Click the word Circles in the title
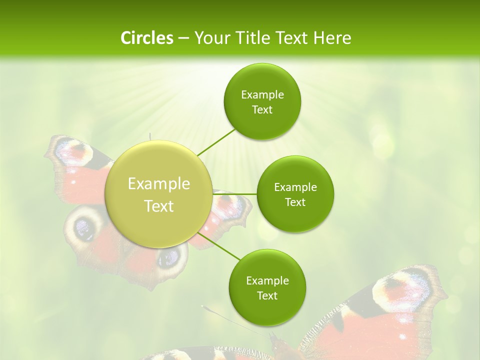[146, 38]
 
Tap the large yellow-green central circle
[158, 194]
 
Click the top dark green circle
[262, 101]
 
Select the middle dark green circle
[295, 194]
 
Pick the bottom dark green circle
[267, 287]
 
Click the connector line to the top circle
[216, 142]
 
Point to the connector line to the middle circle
[235, 194]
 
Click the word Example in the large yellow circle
[158, 184]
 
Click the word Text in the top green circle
[262, 109]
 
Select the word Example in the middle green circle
[295, 187]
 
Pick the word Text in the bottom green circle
[267, 295]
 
